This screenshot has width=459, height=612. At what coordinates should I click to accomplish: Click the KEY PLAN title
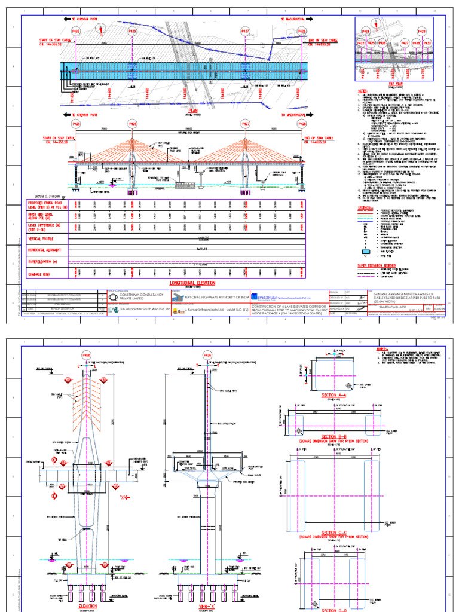click(396, 84)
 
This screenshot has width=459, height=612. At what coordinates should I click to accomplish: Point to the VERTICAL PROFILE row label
click(39, 237)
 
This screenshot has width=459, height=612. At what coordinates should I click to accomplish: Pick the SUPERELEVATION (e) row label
click(42, 261)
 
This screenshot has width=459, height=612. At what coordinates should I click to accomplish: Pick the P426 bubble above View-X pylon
click(207, 356)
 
